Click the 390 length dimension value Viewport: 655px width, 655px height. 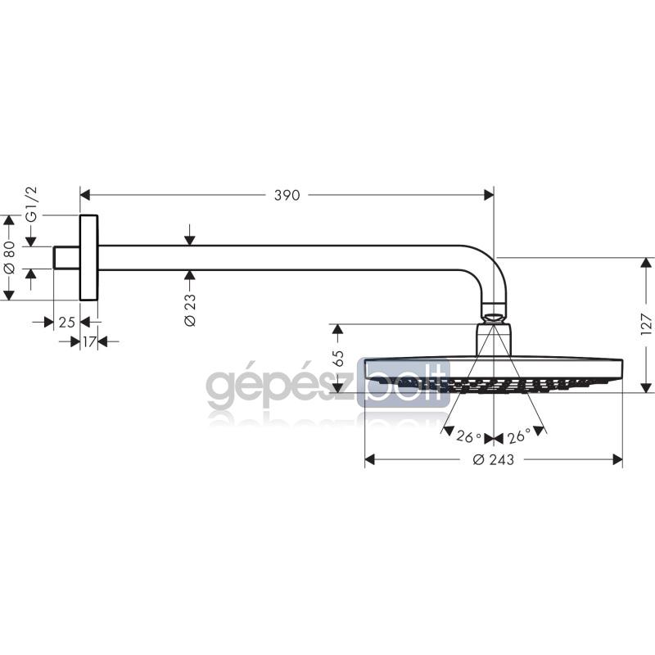click(x=287, y=195)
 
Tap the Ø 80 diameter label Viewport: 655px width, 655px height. click(x=9, y=257)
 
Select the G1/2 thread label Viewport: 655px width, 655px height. click(x=32, y=204)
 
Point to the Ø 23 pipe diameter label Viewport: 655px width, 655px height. click(x=190, y=309)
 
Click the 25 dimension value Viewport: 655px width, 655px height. click(x=67, y=323)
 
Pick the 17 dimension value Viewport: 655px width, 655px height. click(x=89, y=342)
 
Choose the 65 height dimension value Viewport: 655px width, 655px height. click(x=338, y=359)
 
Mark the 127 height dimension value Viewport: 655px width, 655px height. click(x=646, y=324)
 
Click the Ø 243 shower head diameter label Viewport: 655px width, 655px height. click(x=494, y=460)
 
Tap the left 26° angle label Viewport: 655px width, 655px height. click(x=468, y=437)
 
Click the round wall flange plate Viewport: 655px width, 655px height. click(x=88, y=258)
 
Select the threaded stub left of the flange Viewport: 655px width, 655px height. click(x=66, y=257)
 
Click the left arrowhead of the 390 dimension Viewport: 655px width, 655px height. click(x=85, y=195)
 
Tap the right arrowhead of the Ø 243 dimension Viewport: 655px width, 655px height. click(x=617, y=460)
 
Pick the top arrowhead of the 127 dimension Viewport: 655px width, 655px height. click(x=646, y=263)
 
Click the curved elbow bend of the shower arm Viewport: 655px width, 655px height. click(x=488, y=267)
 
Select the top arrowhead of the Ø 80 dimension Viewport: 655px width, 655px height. click(x=9, y=220)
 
